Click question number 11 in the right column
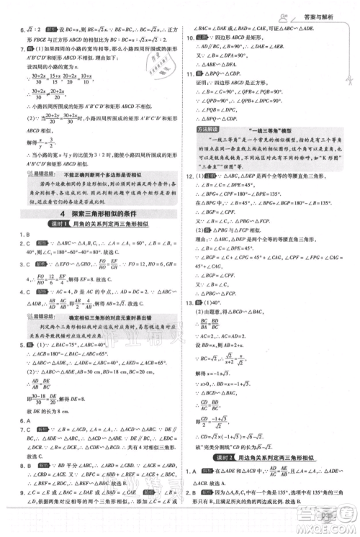pyautogui.click(x=190, y=74)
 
